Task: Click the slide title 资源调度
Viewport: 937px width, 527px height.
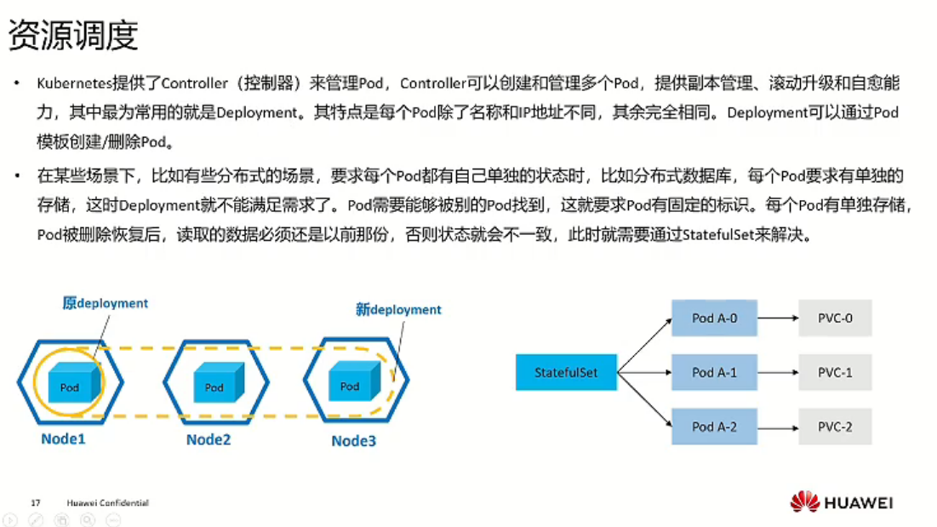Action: pyautogui.click(x=72, y=36)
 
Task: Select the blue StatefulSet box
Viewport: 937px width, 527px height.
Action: pyautogui.click(x=566, y=373)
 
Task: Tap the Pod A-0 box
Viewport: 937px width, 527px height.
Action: pyautogui.click(x=714, y=319)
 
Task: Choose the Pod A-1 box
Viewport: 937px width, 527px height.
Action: pyautogui.click(x=714, y=373)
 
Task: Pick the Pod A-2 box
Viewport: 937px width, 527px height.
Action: pyautogui.click(x=714, y=427)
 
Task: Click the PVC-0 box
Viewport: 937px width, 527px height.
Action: pyautogui.click(x=835, y=319)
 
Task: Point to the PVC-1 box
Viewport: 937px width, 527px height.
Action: pyautogui.click(x=835, y=373)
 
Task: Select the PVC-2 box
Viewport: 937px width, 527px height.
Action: pyautogui.click(x=835, y=427)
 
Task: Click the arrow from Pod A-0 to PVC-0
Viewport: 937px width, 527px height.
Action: pyautogui.click(x=777, y=319)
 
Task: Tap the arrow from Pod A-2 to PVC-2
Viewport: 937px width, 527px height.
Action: pyautogui.click(x=777, y=427)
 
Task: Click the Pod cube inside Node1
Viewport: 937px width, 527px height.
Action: pyautogui.click(x=70, y=384)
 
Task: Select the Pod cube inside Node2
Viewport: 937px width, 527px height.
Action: pyautogui.click(x=214, y=384)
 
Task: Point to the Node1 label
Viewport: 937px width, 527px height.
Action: pyautogui.click(x=64, y=439)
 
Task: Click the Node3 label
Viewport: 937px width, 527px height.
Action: pyautogui.click(x=354, y=440)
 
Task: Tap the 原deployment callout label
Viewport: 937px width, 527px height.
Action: pyautogui.click(x=106, y=303)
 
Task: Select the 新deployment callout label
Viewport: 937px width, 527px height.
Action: pyautogui.click(x=398, y=310)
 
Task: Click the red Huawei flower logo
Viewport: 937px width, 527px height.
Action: pyautogui.click(x=804, y=502)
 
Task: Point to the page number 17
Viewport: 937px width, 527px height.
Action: pyautogui.click(x=36, y=503)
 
